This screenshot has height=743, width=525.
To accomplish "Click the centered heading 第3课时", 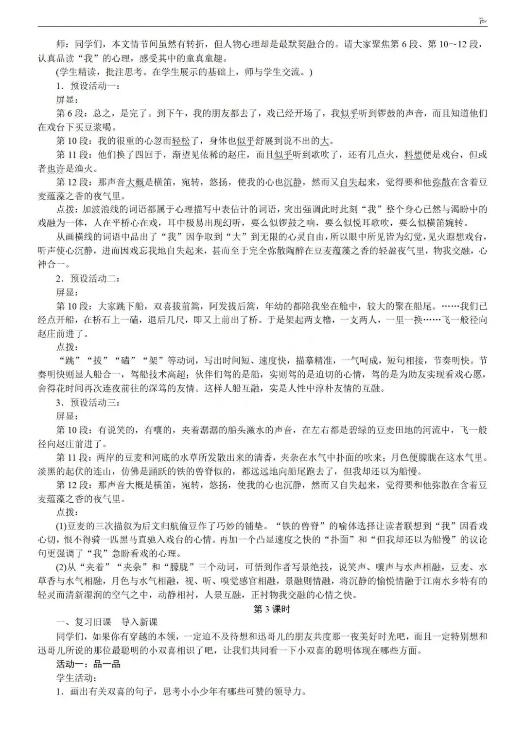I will click(x=272, y=609).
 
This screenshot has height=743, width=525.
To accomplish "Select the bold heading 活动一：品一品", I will click(x=88, y=664).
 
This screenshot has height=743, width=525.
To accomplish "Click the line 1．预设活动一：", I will click(x=87, y=86).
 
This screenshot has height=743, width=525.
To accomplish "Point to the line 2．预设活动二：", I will click(x=87, y=279).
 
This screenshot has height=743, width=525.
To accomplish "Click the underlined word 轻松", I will click(x=181, y=141).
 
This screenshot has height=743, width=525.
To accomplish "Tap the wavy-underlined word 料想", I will click(x=413, y=155).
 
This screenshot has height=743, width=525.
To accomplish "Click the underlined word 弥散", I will click(x=441, y=182).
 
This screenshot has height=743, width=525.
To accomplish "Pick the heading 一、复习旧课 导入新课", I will click(x=107, y=622).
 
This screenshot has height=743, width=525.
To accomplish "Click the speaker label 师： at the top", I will click(x=64, y=44).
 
